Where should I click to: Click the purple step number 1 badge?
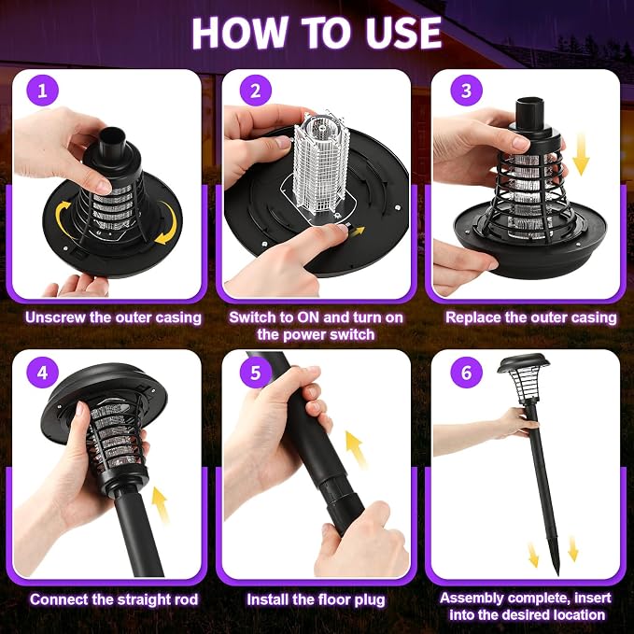tap(42, 91)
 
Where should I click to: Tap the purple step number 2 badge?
tap(256, 91)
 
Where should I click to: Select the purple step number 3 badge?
tap(466, 91)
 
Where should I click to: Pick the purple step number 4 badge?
tap(42, 373)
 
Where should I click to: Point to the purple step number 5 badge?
tap(256, 373)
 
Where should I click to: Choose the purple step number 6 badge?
tap(466, 373)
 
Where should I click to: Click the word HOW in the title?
tap(239, 34)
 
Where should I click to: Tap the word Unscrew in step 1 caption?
tap(55, 317)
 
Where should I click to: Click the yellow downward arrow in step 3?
tap(581, 155)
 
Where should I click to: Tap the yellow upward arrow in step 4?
tap(161, 505)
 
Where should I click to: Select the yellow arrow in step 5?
tap(357, 449)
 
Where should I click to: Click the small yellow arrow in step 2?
tap(357, 232)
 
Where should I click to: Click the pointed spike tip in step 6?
tap(558, 574)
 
